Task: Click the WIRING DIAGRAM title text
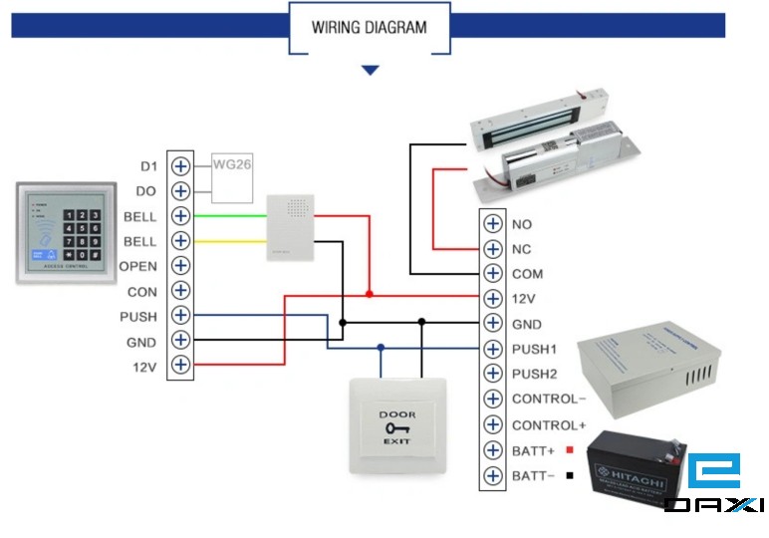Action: pyautogui.click(x=369, y=27)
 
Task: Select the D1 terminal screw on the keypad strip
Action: pyautogui.click(x=180, y=165)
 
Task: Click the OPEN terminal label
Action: pyautogui.click(x=137, y=266)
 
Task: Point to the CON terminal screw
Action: pyautogui.click(x=180, y=291)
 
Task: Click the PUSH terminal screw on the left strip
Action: pyautogui.click(x=180, y=316)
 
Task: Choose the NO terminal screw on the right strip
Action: pyautogui.click(x=492, y=224)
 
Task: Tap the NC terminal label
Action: pyautogui.click(x=521, y=249)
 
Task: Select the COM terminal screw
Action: pyautogui.click(x=492, y=274)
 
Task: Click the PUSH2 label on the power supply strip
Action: pyautogui.click(x=535, y=374)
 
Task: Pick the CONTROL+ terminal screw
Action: pyautogui.click(x=492, y=424)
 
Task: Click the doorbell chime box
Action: pyautogui.click(x=290, y=227)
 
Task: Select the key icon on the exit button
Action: pyautogui.click(x=397, y=427)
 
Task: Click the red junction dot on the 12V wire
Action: pyautogui.click(x=370, y=294)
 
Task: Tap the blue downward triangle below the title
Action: pyautogui.click(x=371, y=71)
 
